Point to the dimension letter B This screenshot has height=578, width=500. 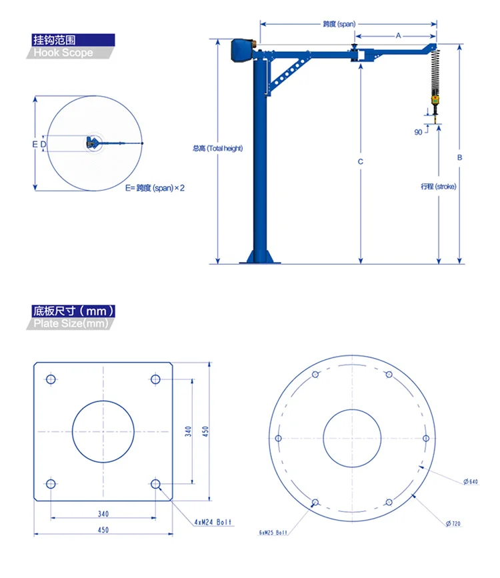coord(459,158)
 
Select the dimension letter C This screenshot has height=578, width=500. coord(360,162)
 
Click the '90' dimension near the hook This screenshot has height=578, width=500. coord(418,132)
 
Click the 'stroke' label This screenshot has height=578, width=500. coord(438,187)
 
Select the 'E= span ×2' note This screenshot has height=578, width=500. coord(154,188)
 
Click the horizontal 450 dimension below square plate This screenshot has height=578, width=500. coord(103,530)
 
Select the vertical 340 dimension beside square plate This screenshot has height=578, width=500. coord(189,431)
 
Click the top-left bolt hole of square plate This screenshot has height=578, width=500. coord(51,379)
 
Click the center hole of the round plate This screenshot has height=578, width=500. coord(352,438)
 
